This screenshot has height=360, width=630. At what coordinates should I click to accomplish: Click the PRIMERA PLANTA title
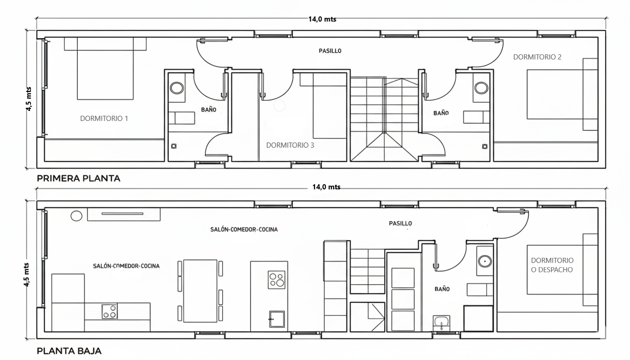click(78, 178)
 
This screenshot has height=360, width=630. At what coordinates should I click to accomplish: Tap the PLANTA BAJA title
click(69, 351)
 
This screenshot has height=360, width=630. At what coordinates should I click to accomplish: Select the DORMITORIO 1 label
click(104, 119)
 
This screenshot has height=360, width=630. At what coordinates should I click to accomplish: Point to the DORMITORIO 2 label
click(537, 57)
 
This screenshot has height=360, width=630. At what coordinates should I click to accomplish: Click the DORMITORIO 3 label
click(290, 145)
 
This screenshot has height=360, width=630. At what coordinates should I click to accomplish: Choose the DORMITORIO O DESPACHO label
click(552, 265)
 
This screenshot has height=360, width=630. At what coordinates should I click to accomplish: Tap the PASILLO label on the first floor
click(330, 51)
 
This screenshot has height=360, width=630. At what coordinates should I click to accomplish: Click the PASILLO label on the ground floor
click(400, 223)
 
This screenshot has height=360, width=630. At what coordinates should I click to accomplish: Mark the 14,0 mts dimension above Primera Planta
click(322, 19)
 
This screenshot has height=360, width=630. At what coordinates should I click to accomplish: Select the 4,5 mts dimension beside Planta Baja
click(26, 275)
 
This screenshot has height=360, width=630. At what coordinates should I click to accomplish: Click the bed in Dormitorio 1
click(105, 68)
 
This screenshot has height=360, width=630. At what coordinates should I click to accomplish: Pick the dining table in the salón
click(200, 291)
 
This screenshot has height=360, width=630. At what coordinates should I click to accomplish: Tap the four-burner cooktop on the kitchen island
click(277, 280)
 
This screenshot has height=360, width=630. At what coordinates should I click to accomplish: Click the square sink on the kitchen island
click(277, 319)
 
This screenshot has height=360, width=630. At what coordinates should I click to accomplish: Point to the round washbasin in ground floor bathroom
click(485, 261)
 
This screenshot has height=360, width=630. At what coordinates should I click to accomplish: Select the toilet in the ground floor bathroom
click(442, 322)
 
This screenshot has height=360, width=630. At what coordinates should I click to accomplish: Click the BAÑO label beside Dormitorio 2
click(441, 113)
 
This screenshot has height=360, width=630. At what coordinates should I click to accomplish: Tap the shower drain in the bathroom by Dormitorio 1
click(174, 146)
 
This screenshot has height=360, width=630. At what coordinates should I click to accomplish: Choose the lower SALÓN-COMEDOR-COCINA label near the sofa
click(126, 266)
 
